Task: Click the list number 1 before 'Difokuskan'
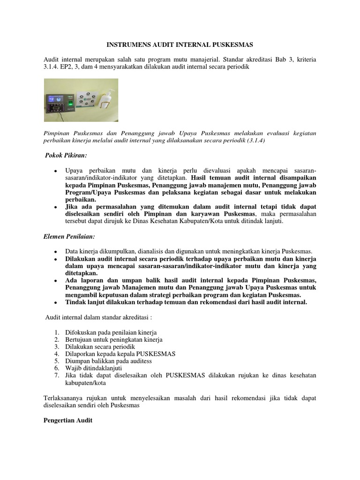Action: point(56,332)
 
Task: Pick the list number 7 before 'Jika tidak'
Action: point(56,375)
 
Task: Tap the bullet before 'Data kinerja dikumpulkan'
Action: point(55,252)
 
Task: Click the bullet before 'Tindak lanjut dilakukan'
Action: point(55,303)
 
